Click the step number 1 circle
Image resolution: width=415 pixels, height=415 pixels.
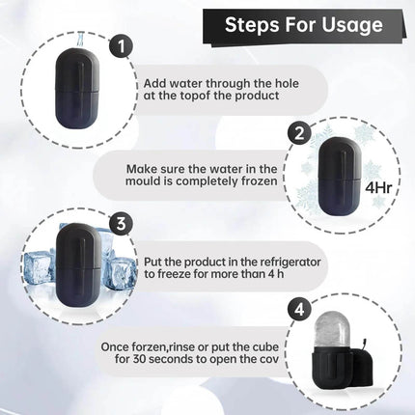[x=120, y=45]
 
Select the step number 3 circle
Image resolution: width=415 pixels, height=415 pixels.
[x=120, y=224]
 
